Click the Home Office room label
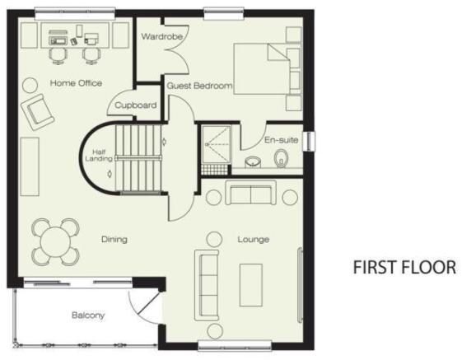pyautogui.click(x=76, y=83)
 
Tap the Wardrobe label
pyautogui.click(x=161, y=36)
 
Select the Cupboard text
pyautogui.click(x=136, y=105)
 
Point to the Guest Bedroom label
pyautogui.click(x=199, y=86)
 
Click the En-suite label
pyautogui.click(x=281, y=140)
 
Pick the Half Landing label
pyautogui.click(x=99, y=156)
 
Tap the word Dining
pyautogui.click(x=114, y=239)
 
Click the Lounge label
pyautogui.click(x=254, y=240)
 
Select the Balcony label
pyautogui.click(x=88, y=316)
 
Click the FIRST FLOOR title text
pyautogui.click(x=404, y=267)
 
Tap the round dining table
pyautogui.click(x=55, y=242)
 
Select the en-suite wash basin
pyautogui.click(x=253, y=161)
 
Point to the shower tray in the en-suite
pyautogui.click(x=217, y=144)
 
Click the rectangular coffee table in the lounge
pyautogui.click(x=250, y=285)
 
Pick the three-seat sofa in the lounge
pyautogui.click(x=207, y=285)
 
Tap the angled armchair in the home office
pyautogui.click(x=37, y=112)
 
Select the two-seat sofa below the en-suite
pyautogui.click(x=250, y=193)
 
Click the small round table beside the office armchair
pyautogui.click(x=30, y=85)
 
